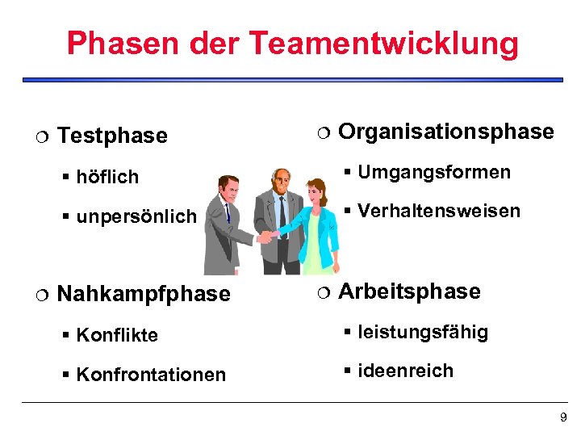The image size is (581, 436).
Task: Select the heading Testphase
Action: tap(113, 136)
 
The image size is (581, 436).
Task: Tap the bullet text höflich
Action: tap(107, 177)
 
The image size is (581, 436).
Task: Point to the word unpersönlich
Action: tap(136, 216)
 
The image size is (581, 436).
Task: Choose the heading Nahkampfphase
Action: tap(144, 294)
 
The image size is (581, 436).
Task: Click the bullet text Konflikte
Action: tap(117, 335)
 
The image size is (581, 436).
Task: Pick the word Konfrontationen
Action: tap(151, 375)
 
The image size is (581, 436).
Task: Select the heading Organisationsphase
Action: tap(446, 132)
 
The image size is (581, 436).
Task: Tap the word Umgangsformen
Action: tap(434, 172)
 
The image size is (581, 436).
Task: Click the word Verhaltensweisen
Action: tap(439, 212)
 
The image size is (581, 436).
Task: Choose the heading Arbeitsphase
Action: tap(409, 291)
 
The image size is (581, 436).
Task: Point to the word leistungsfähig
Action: tap(423, 332)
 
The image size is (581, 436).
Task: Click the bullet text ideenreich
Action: tap(405, 371)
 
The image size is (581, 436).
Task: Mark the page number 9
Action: tap(563, 417)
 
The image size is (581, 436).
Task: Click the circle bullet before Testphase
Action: tap(41, 136)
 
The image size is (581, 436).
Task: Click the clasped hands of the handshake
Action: tap(267, 236)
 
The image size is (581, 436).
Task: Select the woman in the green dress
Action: tap(314, 218)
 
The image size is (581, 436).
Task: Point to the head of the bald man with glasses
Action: tap(280, 179)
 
